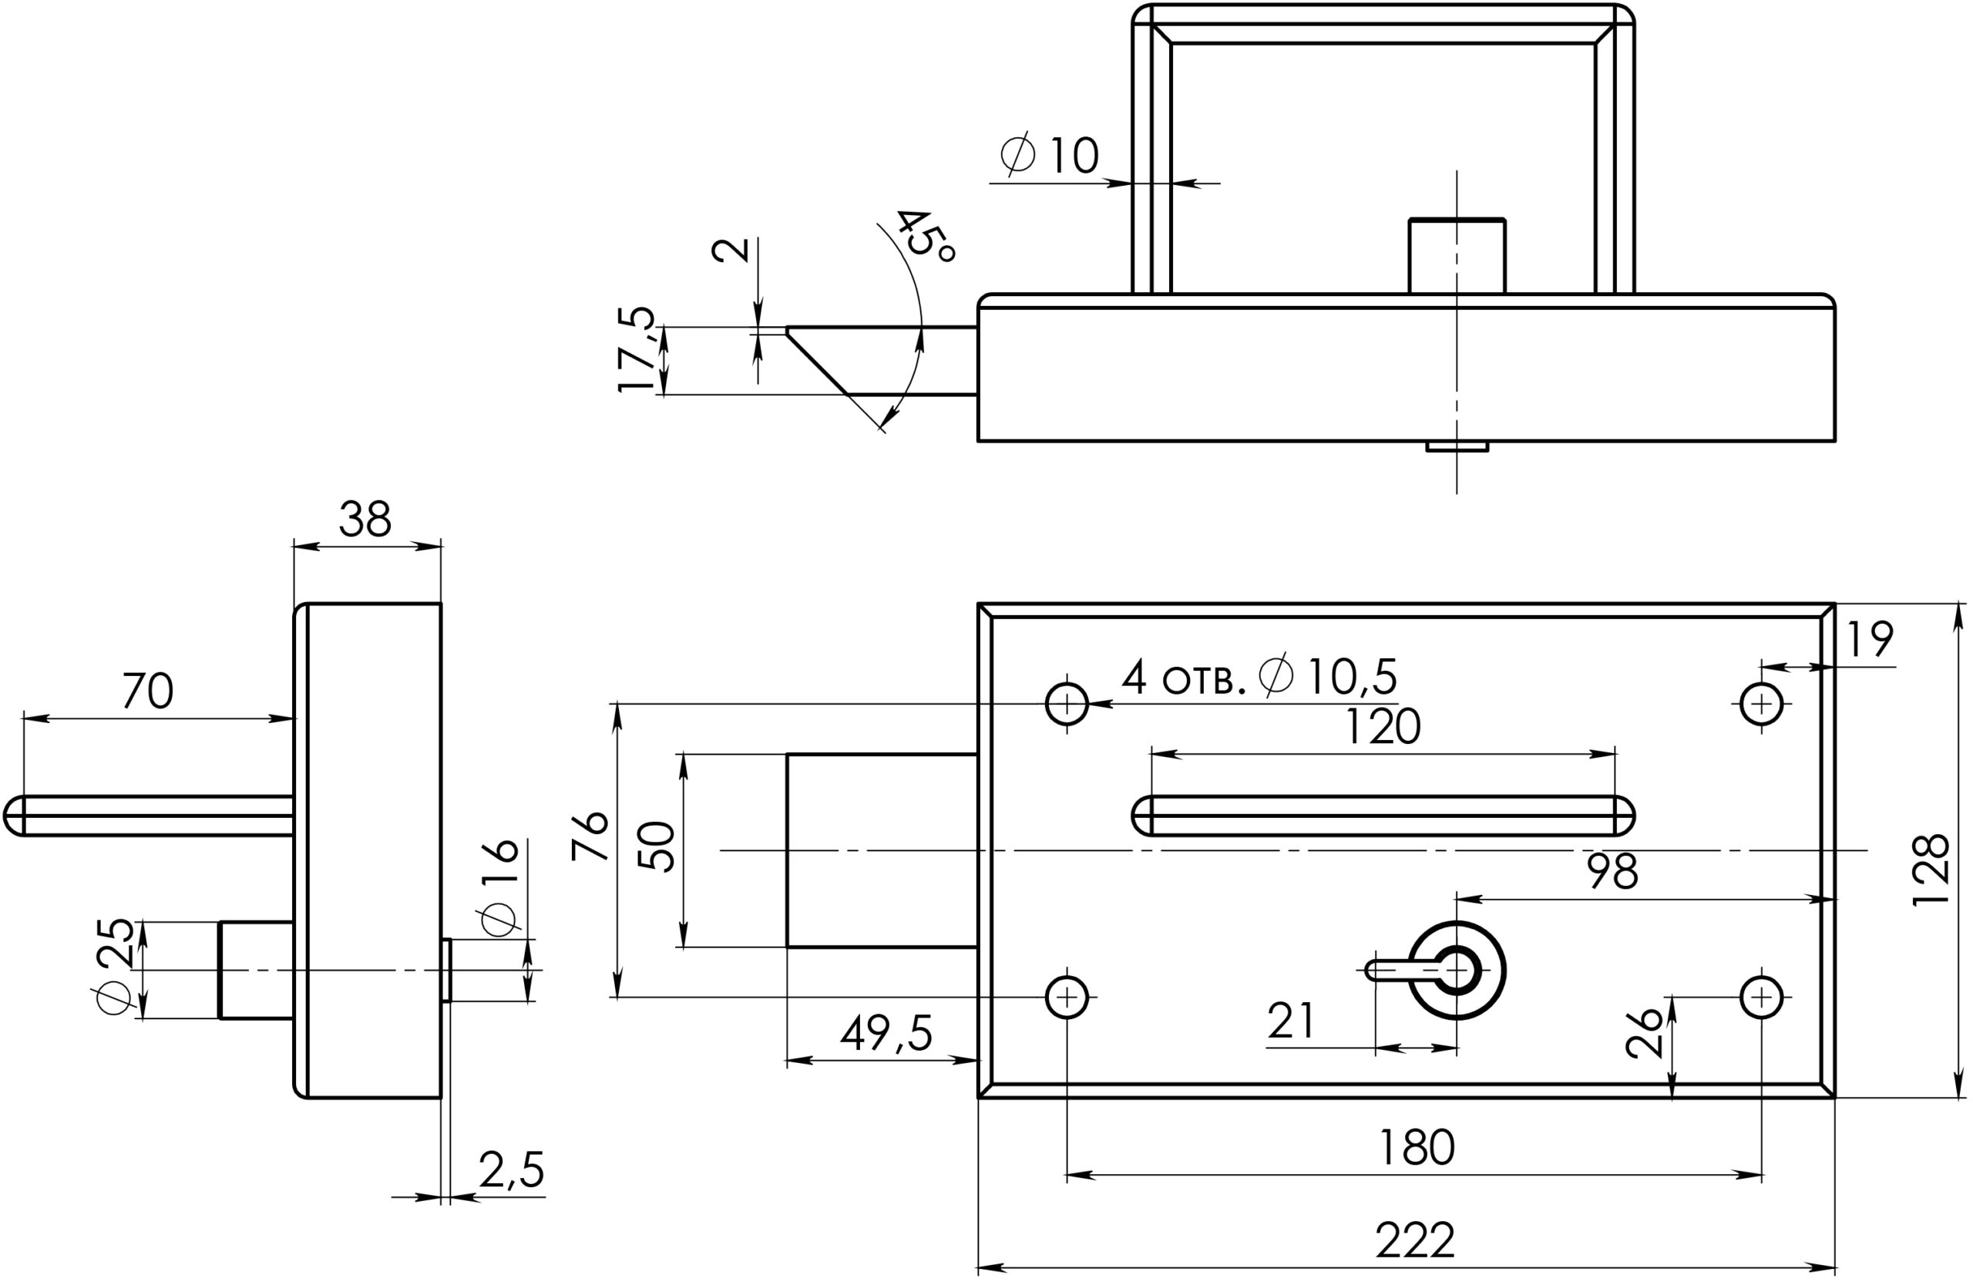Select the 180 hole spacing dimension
[x=1416, y=1148]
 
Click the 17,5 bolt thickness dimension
[x=637, y=349]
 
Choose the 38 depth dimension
[x=365, y=520]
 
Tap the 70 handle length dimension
[x=149, y=691]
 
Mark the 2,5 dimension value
[x=512, y=1171]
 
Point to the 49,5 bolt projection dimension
[x=886, y=1032]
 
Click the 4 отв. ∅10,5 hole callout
[x=1259, y=677]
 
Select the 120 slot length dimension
[x=1382, y=727]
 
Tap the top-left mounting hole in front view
[x=1067, y=704]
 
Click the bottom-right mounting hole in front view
[x=1762, y=997]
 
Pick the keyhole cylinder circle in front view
[x=1457, y=971]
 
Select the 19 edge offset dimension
[x=1871, y=639]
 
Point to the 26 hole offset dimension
[x=1645, y=1032]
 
